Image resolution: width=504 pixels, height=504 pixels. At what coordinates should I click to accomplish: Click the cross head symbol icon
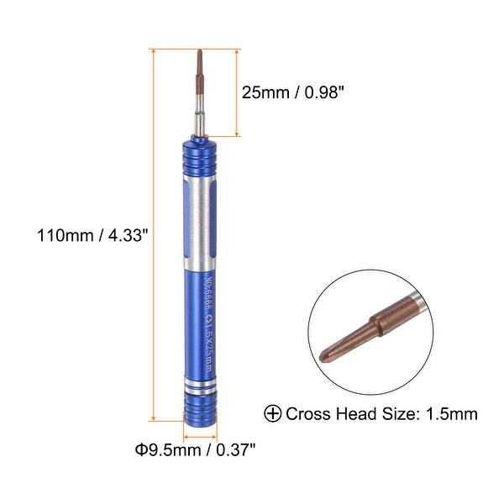(273, 413)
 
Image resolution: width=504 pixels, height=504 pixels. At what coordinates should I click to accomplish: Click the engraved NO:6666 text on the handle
(202, 291)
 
